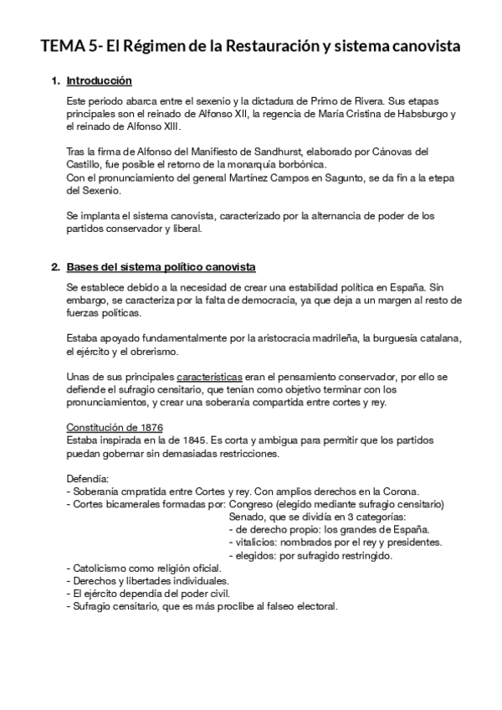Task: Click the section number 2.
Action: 55,267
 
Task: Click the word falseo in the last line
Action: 271,607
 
